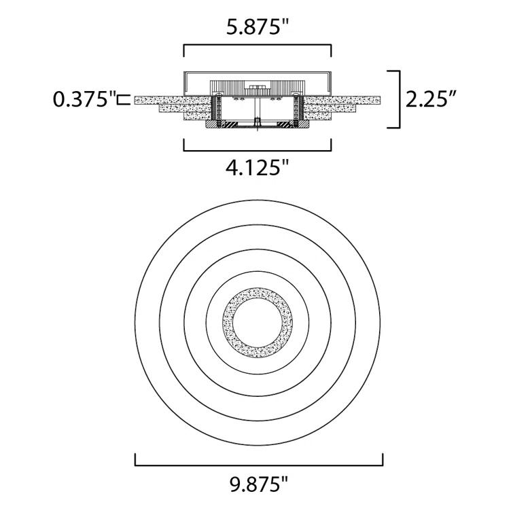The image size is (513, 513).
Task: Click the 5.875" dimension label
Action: click(258, 27)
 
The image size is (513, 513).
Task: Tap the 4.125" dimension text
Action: click(258, 168)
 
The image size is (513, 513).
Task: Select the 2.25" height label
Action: click(431, 99)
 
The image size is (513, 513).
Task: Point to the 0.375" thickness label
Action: click(85, 99)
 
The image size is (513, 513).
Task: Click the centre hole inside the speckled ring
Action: click(258, 323)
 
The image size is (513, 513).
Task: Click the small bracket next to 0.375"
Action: click(124, 100)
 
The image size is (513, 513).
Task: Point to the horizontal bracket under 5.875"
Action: click(258, 46)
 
